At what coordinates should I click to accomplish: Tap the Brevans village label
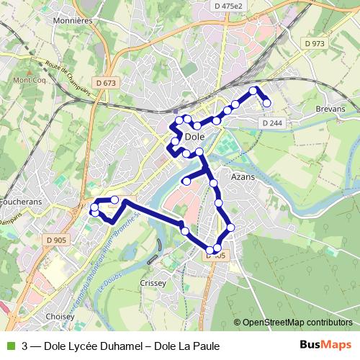(x=330, y=109)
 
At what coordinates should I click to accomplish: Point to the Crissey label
(x=154, y=283)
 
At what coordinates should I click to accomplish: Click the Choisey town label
(x=60, y=316)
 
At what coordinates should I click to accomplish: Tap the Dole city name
(x=195, y=136)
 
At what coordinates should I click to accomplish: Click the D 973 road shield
(x=315, y=43)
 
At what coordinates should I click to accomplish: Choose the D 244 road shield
(x=272, y=123)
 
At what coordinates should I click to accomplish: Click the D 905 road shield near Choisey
(x=55, y=240)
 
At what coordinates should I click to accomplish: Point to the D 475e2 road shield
(x=230, y=6)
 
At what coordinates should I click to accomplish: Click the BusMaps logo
(x=326, y=346)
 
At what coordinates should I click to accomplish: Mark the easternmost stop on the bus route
(x=266, y=103)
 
